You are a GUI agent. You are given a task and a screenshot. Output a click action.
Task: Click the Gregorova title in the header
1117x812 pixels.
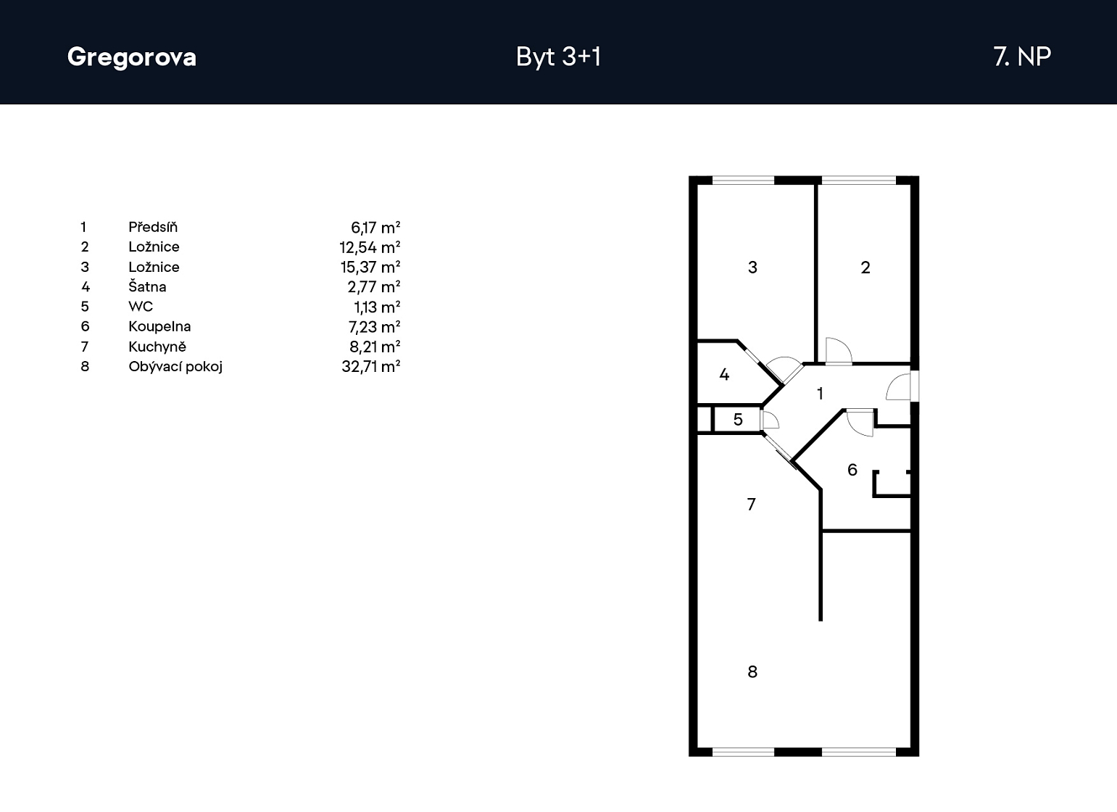(132, 57)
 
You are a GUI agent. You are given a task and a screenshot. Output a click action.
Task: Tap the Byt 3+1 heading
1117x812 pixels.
(558, 57)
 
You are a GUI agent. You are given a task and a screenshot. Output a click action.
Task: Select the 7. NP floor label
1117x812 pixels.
(1022, 57)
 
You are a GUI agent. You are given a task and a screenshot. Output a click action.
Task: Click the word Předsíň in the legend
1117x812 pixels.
(153, 227)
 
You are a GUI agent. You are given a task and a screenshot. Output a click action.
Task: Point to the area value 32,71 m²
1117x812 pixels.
(371, 367)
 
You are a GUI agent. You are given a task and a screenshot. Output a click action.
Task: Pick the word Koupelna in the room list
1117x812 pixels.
(159, 327)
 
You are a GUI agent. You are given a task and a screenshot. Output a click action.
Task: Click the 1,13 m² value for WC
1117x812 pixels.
(377, 307)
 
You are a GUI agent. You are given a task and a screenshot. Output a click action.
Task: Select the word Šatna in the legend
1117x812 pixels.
(147, 287)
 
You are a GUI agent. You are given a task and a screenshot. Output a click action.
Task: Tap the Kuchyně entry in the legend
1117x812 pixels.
(157, 346)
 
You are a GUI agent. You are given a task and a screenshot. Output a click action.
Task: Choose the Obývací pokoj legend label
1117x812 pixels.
(175, 367)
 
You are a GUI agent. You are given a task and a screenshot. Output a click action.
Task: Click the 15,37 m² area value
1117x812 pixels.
(370, 268)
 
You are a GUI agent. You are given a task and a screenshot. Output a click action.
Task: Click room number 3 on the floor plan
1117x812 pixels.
(752, 268)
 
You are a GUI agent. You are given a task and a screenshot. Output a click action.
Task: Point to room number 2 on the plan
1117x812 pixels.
(865, 268)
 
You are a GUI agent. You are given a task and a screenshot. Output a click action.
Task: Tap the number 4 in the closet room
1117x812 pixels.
(724, 374)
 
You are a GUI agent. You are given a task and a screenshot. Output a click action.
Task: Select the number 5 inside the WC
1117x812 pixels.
(738, 419)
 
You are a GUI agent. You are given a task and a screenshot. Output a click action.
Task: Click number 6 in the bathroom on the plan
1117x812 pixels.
(852, 469)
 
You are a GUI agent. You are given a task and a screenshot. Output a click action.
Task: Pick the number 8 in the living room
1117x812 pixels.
(752, 672)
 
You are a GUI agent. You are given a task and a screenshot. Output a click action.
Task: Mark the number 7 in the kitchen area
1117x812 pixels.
(752, 505)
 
